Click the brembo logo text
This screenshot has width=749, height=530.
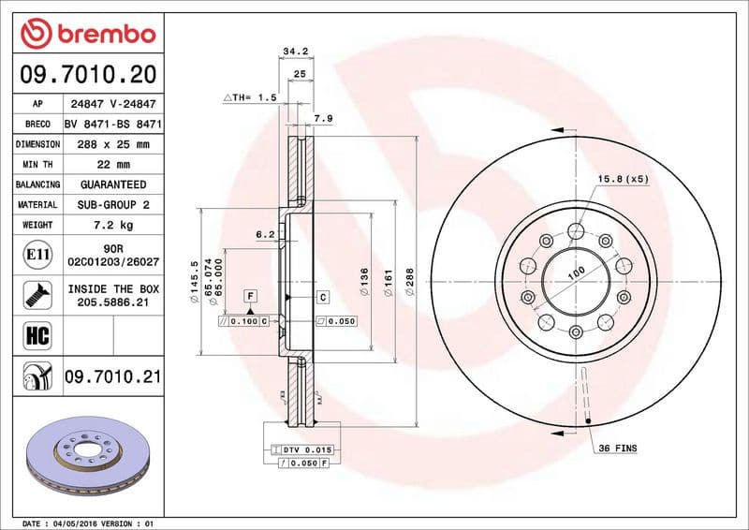click(x=100, y=34)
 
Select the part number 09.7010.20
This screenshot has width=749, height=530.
click(x=86, y=73)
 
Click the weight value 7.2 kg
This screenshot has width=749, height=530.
click(x=114, y=225)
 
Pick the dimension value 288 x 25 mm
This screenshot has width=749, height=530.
click(x=114, y=144)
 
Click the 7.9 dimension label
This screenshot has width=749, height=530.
click(x=322, y=118)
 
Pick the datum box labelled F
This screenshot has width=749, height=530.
click(x=250, y=297)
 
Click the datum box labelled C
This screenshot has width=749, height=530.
click(x=322, y=297)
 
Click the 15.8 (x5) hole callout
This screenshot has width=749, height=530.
click(x=623, y=178)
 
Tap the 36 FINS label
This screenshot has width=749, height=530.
click(x=616, y=449)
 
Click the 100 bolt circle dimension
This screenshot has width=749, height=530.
click(x=575, y=272)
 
